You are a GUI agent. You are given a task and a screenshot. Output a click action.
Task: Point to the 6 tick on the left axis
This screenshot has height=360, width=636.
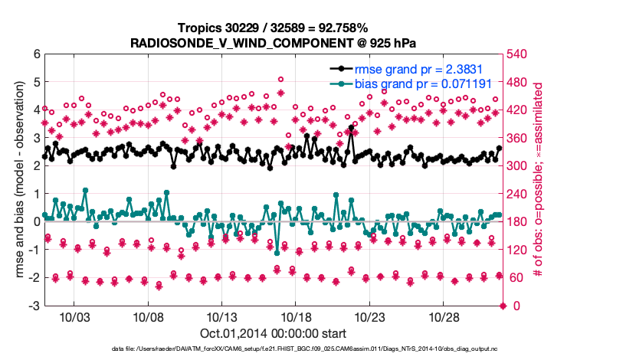tap(36, 54)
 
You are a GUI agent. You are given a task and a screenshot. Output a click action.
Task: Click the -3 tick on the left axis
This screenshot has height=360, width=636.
tap(34, 306)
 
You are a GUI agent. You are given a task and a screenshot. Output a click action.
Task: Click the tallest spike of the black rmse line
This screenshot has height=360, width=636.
tap(351, 128)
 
